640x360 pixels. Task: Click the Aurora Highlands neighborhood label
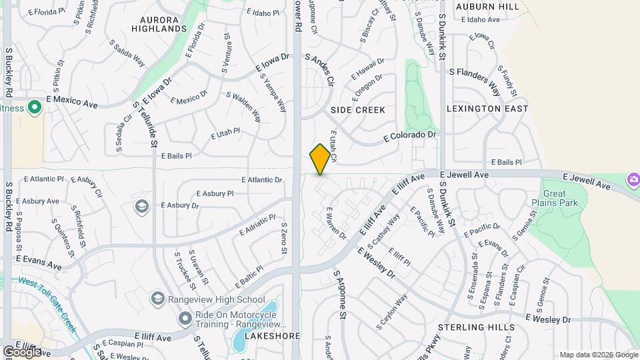click(x=159, y=24)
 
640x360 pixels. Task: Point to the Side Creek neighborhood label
click(x=358, y=109)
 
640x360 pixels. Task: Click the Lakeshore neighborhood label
click(x=272, y=336)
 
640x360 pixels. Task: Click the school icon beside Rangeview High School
click(x=158, y=298)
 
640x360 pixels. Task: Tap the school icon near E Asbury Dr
click(x=141, y=206)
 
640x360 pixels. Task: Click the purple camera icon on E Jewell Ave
click(x=633, y=180)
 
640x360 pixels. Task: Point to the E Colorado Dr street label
click(x=410, y=136)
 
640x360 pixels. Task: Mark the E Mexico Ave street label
click(x=72, y=102)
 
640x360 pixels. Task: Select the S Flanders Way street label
click(x=475, y=79)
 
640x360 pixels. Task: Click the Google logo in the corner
click(x=23, y=351)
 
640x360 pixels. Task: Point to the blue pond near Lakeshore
click(x=239, y=341)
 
